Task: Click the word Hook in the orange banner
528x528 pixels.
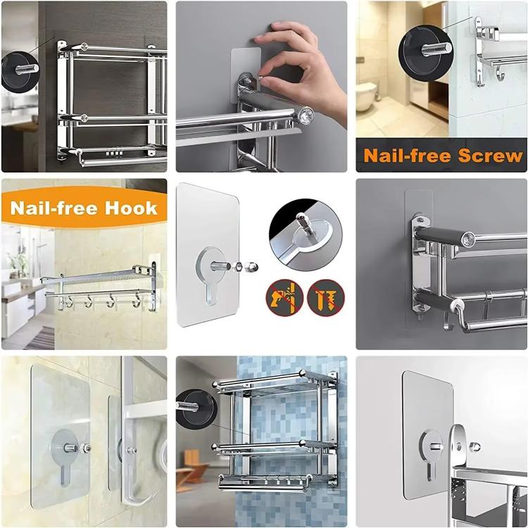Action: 134,208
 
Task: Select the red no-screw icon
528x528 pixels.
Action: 325,297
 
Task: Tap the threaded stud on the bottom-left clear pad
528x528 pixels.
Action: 73,448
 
